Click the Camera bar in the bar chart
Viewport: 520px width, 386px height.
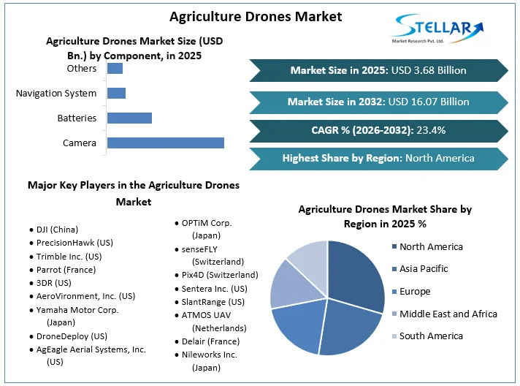pyautogui.click(x=165, y=143)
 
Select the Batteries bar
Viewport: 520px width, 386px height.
pyautogui.click(x=129, y=118)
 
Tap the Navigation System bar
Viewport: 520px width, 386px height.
pyautogui.click(x=116, y=93)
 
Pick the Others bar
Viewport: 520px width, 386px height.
pyautogui.click(x=115, y=69)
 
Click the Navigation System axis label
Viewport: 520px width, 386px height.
pyautogui.click(x=56, y=93)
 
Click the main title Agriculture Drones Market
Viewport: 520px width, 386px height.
pyautogui.click(x=245, y=15)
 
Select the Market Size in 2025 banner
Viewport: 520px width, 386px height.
pyautogui.click(x=378, y=70)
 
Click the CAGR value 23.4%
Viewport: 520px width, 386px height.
pyautogui.click(x=431, y=130)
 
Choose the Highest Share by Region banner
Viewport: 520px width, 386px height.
pyautogui.click(x=378, y=158)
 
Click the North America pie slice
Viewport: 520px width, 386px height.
pyautogui.click(x=358, y=274)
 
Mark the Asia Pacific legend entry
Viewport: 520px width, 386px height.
pyautogui.click(x=424, y=268)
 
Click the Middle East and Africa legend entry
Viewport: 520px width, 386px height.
pyautogui.click(x=448, y=314)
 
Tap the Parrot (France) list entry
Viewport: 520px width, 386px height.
pyautogui.click(x=65, y=269)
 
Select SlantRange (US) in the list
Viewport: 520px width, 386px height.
pyautogui.click(x=213, y=301)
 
